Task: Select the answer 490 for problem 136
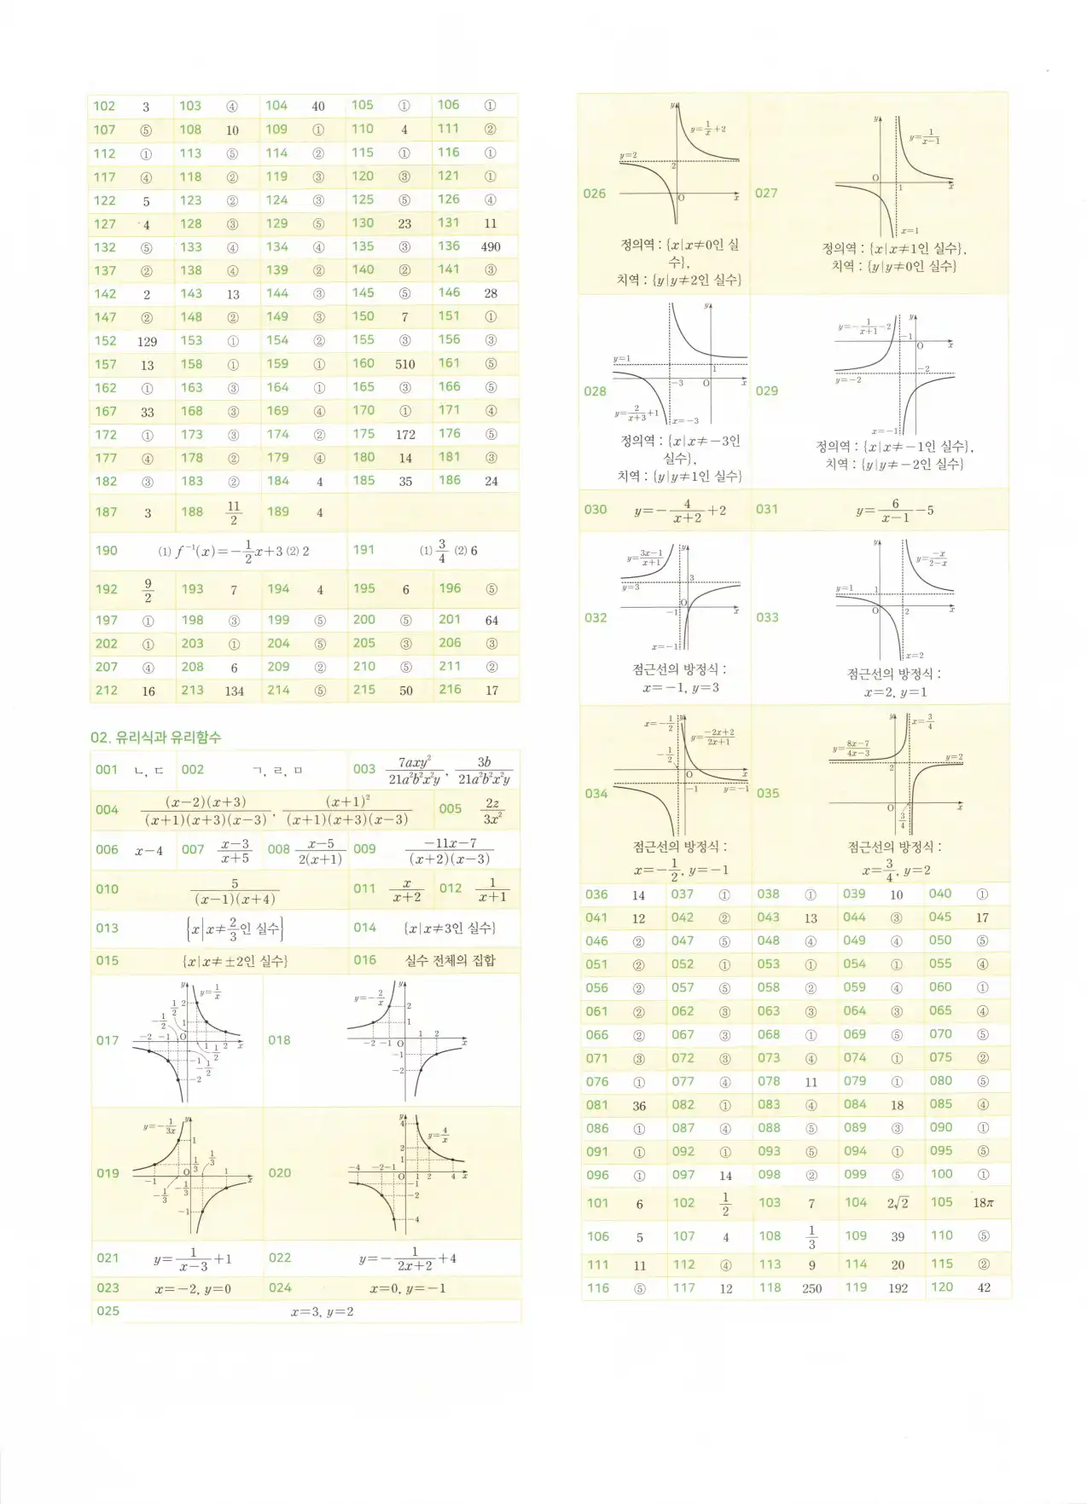tap(491, 247)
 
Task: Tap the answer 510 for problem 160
tap(405, 364)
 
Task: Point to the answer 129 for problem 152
tap(147, 341)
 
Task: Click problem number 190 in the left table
tap(107, 551)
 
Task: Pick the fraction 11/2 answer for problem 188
tap(234, 512)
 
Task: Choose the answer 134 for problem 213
tap(235, 691)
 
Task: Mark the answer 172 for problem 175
tap(405, 435)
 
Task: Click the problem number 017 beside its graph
tap(108, 1040)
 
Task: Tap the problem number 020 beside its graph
tap(280, 1173)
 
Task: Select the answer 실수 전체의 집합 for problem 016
tap(450, 961)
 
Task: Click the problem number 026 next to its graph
tap(595, 194)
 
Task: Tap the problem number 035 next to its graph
tap(768, 793)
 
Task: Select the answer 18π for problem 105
tap(983, 1203)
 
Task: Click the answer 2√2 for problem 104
tap(898, 1203)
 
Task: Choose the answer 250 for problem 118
tap(811, 1288)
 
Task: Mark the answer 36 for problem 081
tap(639, 1106)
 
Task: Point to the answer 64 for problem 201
tap(491, 621)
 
